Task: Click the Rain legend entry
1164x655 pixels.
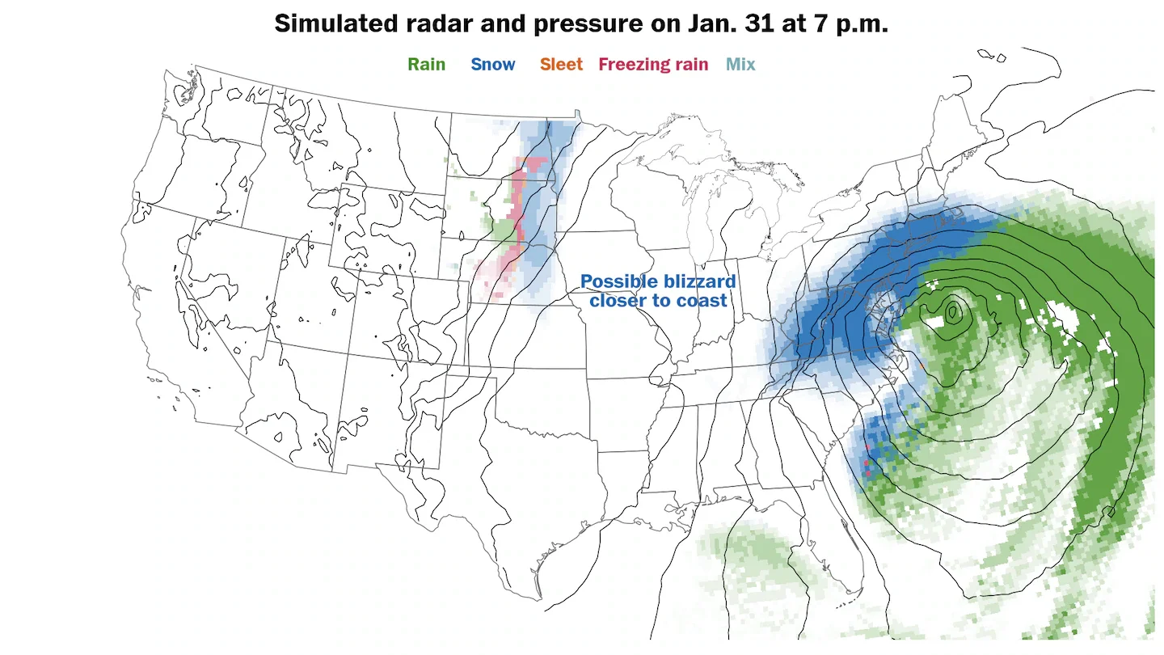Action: click(426, 65)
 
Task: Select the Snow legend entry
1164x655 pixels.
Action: click(492, 65)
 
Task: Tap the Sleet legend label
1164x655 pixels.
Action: click(561, 65)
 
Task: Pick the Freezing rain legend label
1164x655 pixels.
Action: click(653, 65)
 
